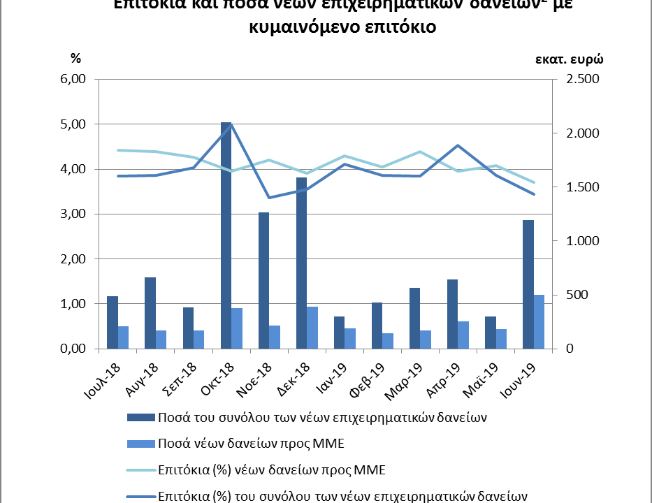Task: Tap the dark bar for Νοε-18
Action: pyautogui.click(x=263, y=280)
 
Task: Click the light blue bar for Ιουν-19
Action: pyautogui.click(x=539, y=321)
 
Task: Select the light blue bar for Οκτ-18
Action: pyautogui.click(x=237, y=328)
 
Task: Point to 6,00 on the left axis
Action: pyautogui.click(x=72, y=79)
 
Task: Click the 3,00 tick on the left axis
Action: pyautogui.click(x=72, y=214)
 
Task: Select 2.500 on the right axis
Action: pyautogui.click(x=577, y=79)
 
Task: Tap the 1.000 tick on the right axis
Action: pyautogui.click(x=577, y=241)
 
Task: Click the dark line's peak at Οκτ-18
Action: pyautogui.click(x=231, y=124)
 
